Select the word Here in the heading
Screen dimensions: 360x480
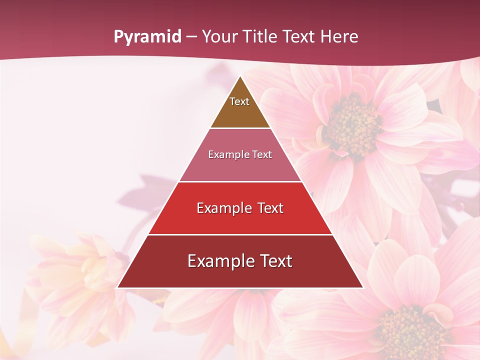point(339,37)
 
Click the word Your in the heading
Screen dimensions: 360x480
point(219,37)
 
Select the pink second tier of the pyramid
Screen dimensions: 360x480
point(240,167)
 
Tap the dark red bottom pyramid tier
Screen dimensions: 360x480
point(240,275)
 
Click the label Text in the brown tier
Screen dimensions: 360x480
point(239,101)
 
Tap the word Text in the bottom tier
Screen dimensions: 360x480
point(275,261)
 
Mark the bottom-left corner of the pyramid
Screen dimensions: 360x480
point(117,287)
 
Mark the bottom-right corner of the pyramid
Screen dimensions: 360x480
point(363,287)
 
